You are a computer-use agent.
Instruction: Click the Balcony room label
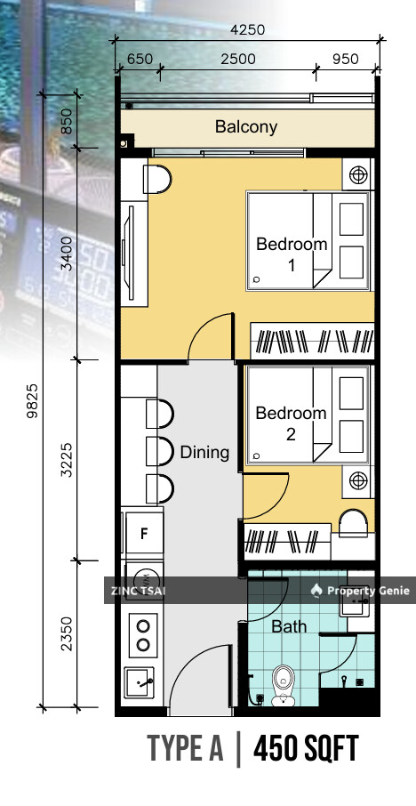tap(246, 126)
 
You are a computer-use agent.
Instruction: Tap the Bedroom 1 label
tap(292, 254)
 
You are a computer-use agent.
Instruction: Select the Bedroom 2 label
tap(292, 424)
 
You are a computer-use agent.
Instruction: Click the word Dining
tap(204, 452)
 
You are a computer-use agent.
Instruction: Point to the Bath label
tap(289, 626)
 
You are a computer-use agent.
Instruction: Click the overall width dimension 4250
tap(247, 29)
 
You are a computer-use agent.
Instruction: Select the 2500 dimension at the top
tap(237, 59)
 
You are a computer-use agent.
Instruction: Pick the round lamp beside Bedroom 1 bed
tap(359, 174)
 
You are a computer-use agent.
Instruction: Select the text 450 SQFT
tap(306, 750)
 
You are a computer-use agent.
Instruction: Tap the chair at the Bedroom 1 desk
tap(156, 180)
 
